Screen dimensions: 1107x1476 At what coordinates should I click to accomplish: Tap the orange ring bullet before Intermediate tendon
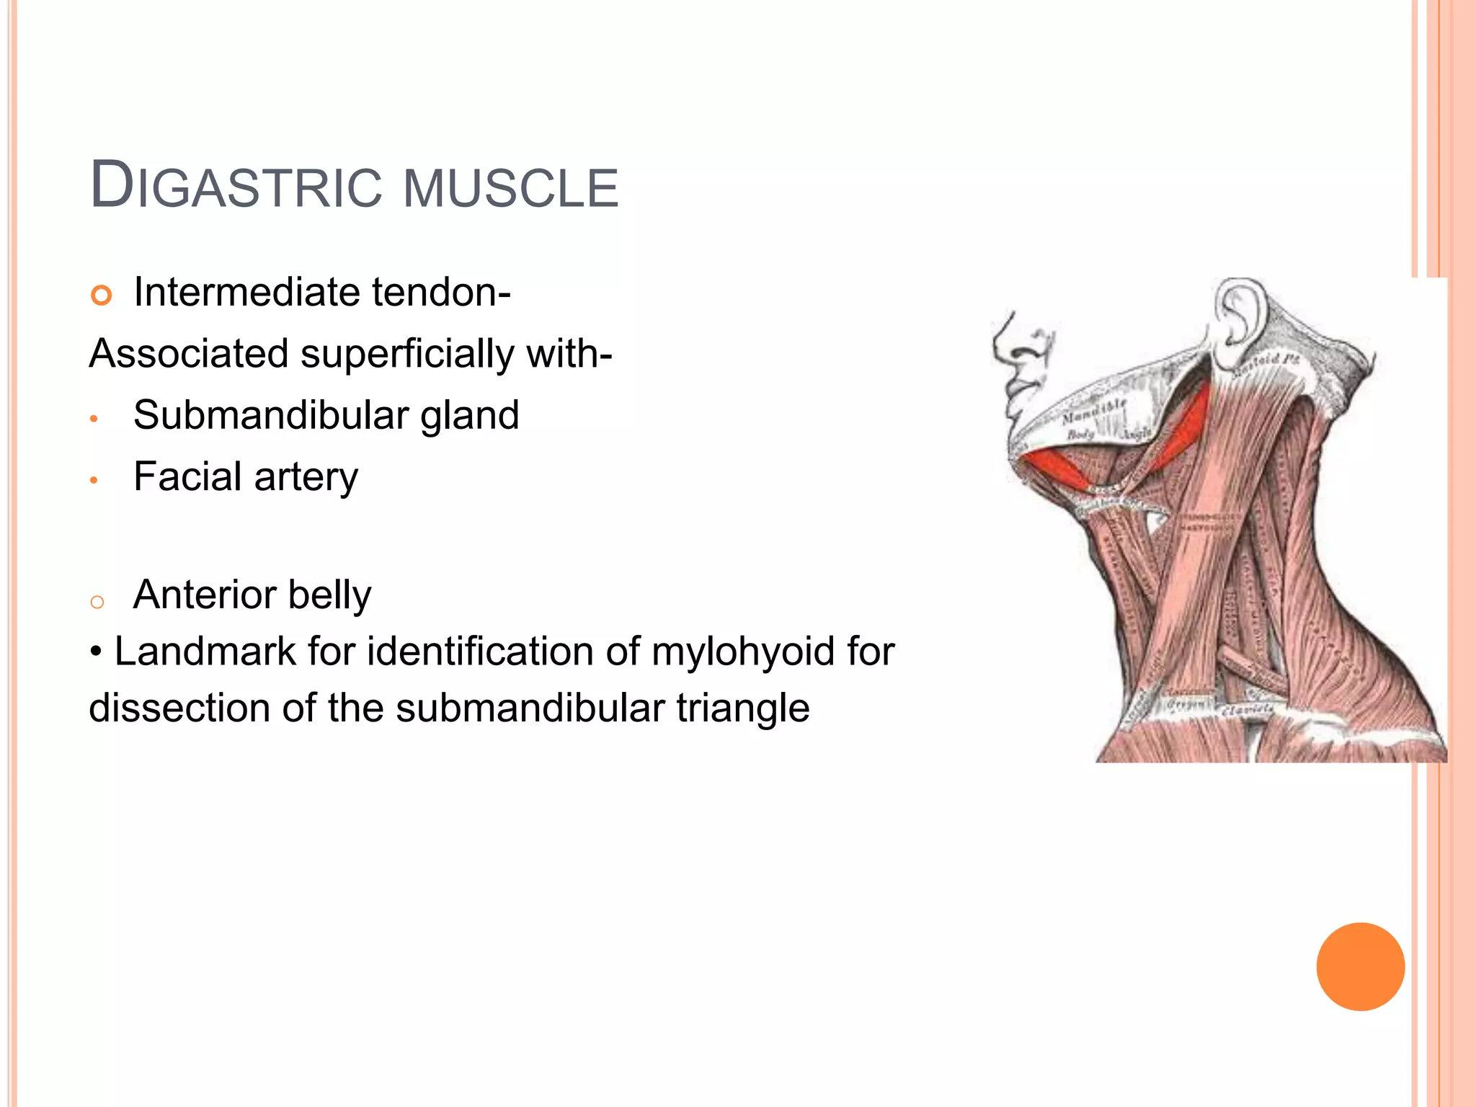(x=102, y=295)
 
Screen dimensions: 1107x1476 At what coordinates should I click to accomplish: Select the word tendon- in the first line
(x=441, y=293)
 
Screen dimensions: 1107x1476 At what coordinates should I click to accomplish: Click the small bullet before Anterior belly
(x=97, y=601)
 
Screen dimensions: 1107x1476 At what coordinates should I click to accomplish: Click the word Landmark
(x=205, y=652)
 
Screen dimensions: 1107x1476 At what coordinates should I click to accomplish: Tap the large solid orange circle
(x=1360, y=966)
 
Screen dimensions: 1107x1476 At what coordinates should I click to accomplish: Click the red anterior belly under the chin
(x=1056, y=468)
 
